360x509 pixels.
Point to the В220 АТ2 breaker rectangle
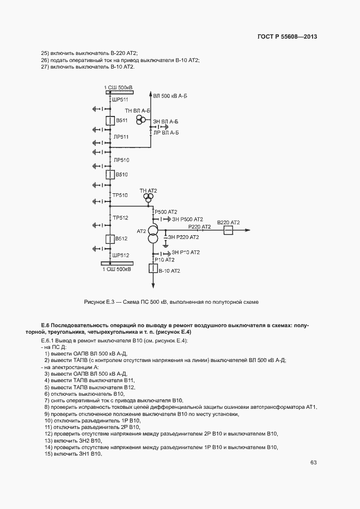(228, 231)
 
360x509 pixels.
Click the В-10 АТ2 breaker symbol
(153, 269)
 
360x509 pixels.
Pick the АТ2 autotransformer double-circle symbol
(153, 235)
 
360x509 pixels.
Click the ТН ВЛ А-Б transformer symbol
(142, 119)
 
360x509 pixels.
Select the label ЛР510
(121, 160)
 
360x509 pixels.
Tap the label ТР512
(120, 218)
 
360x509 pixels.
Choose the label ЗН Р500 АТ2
(187, 219)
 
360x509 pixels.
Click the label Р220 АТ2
(199, 226)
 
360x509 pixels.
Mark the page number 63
(313, 462)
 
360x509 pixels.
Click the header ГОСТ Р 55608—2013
(287, 37)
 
